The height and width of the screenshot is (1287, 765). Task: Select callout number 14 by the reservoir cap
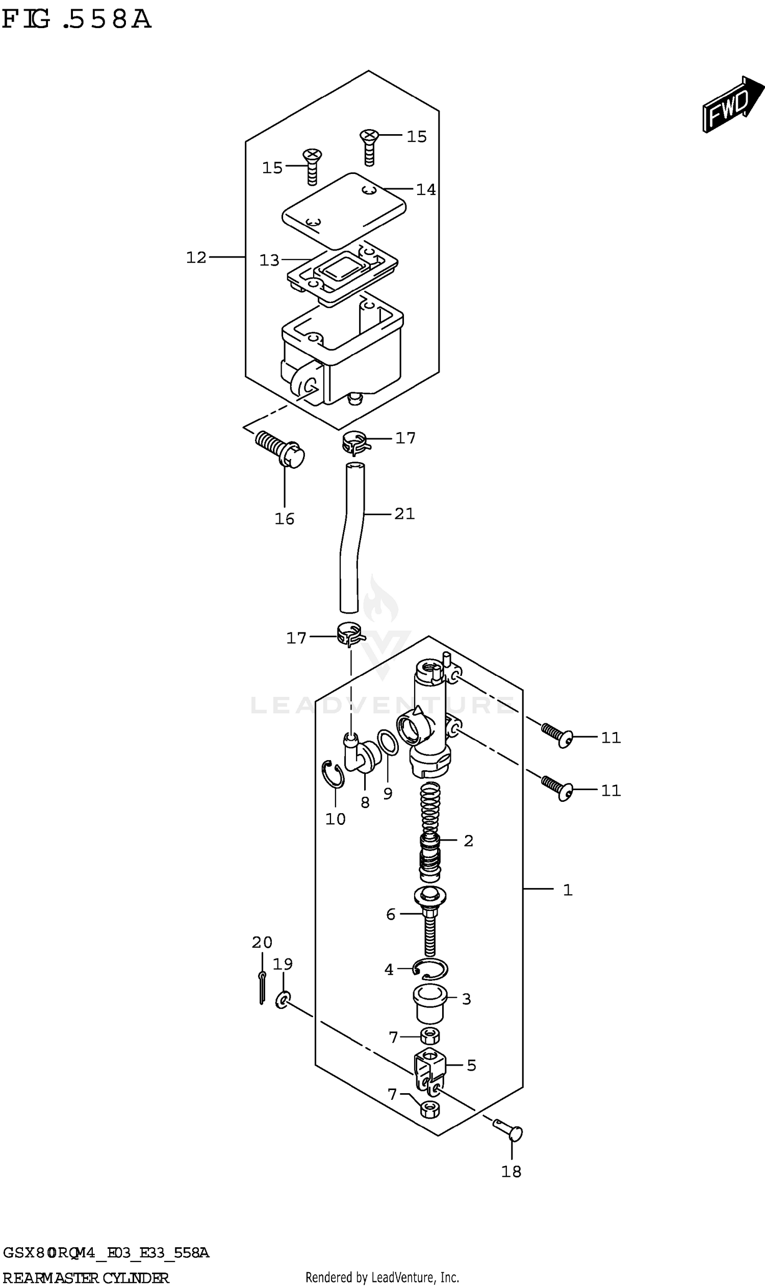coord(426,190)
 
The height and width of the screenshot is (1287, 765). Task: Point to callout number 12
coord(196,257)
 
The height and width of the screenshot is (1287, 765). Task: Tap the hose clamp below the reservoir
coord(354,442)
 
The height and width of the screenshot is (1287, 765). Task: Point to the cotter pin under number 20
coord(262,987)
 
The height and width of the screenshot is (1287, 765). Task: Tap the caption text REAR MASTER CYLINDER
coord(86,1278)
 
